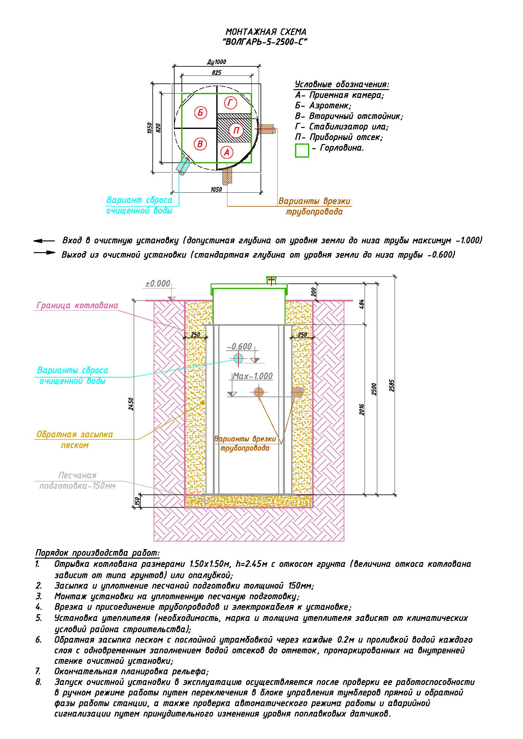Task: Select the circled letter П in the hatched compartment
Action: (x=236, y=130)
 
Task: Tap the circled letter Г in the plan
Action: (x=230, y=103)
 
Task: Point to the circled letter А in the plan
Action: (x=227, y=152)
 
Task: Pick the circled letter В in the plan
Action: (x=200, y=144)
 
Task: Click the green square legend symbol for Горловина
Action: (x=302, y=150)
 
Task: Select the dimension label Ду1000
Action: (x=216, y=62)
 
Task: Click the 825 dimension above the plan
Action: (x=216, y=73)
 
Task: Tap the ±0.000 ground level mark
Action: (x=158, y=283)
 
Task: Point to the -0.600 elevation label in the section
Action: (x=240, y=346)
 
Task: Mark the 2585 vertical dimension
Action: (x=391, y=385)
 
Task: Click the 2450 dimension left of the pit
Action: (x=131, y=404)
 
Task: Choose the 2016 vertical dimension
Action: (x=362, y=409)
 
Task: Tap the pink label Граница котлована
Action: (x=77, y=305)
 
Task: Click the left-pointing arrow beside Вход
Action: (x=44, y=241)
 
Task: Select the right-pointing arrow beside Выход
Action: (x=45, y=253)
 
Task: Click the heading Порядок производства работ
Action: (x=97, y=553)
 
